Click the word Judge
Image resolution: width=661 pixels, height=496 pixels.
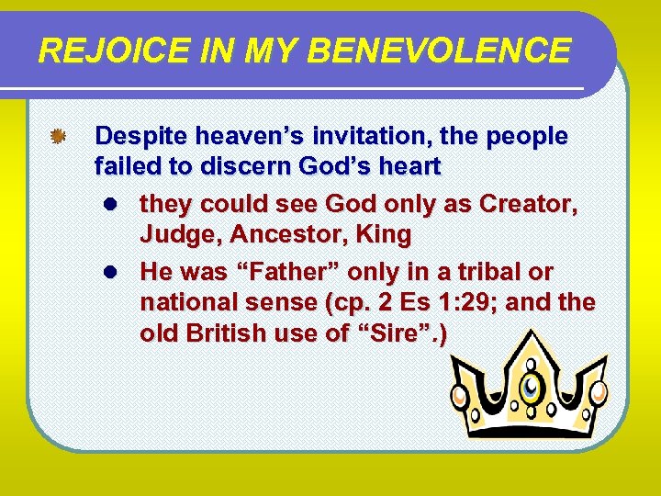(179, 235)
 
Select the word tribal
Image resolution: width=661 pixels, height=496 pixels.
(486, 273)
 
